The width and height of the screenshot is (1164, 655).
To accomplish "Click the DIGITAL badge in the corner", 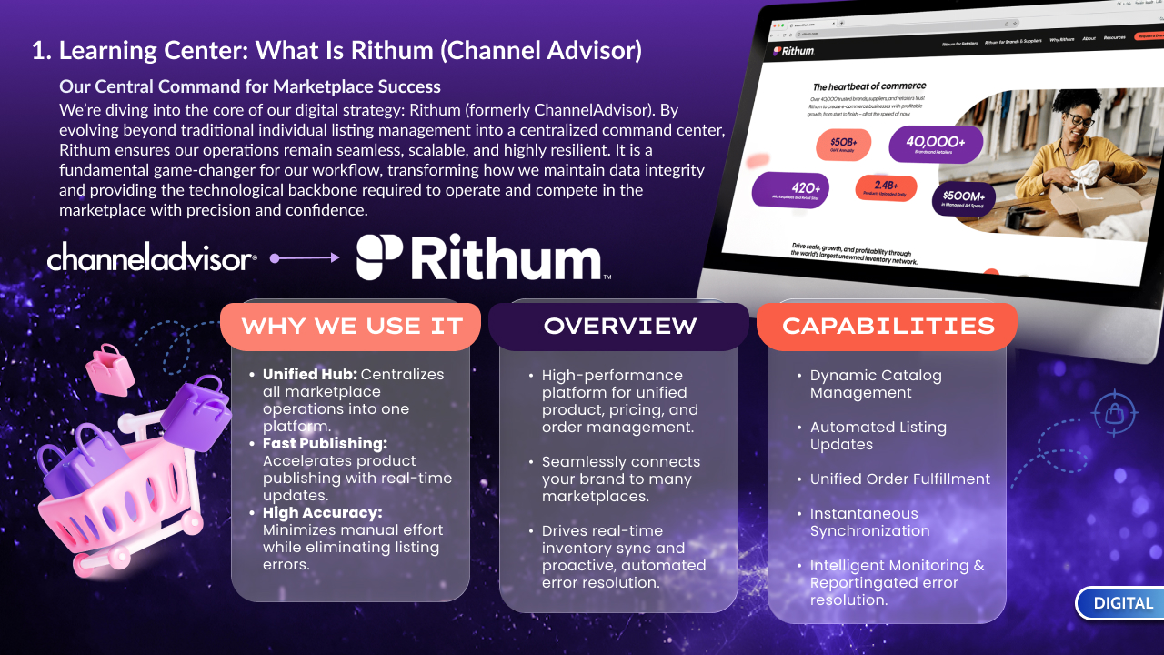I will [1122, 603].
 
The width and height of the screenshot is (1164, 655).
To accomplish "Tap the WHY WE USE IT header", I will [351, 326].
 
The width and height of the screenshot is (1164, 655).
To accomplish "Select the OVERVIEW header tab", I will [620, 326].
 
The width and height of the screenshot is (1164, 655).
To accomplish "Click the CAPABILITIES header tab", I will [888, 326].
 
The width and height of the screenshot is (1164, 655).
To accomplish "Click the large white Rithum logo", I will [482, 257].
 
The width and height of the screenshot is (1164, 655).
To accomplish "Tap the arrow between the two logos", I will [306, 258].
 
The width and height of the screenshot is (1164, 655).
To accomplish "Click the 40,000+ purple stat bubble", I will [935, 144].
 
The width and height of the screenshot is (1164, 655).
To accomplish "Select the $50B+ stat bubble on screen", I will [843, 145].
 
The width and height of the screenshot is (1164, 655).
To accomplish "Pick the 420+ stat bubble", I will [789, 189].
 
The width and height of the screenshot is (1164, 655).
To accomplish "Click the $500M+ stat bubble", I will [964, 197].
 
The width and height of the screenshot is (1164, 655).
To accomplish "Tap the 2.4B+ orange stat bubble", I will [886, 187].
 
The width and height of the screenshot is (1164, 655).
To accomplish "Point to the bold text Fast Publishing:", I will [325, 443].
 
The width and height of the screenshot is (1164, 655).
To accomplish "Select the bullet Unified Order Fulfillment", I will [899, 479].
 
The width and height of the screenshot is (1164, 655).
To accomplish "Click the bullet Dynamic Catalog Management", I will [875, 384].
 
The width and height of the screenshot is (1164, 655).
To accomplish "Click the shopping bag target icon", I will [1115, 414].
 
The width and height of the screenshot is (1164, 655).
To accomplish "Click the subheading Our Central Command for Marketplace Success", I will [250, 87].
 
